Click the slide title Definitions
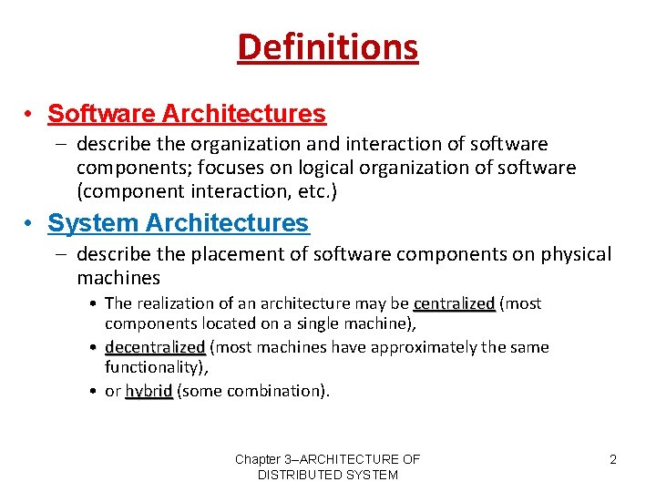point(328,46)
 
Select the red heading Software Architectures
point(186,114)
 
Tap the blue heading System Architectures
point(178,223)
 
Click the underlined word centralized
point(454,303)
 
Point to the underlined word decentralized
point(155,347)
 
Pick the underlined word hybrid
point(149,391)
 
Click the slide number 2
point(613,459)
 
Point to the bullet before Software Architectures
point(30,115)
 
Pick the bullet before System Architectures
point(30,224)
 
